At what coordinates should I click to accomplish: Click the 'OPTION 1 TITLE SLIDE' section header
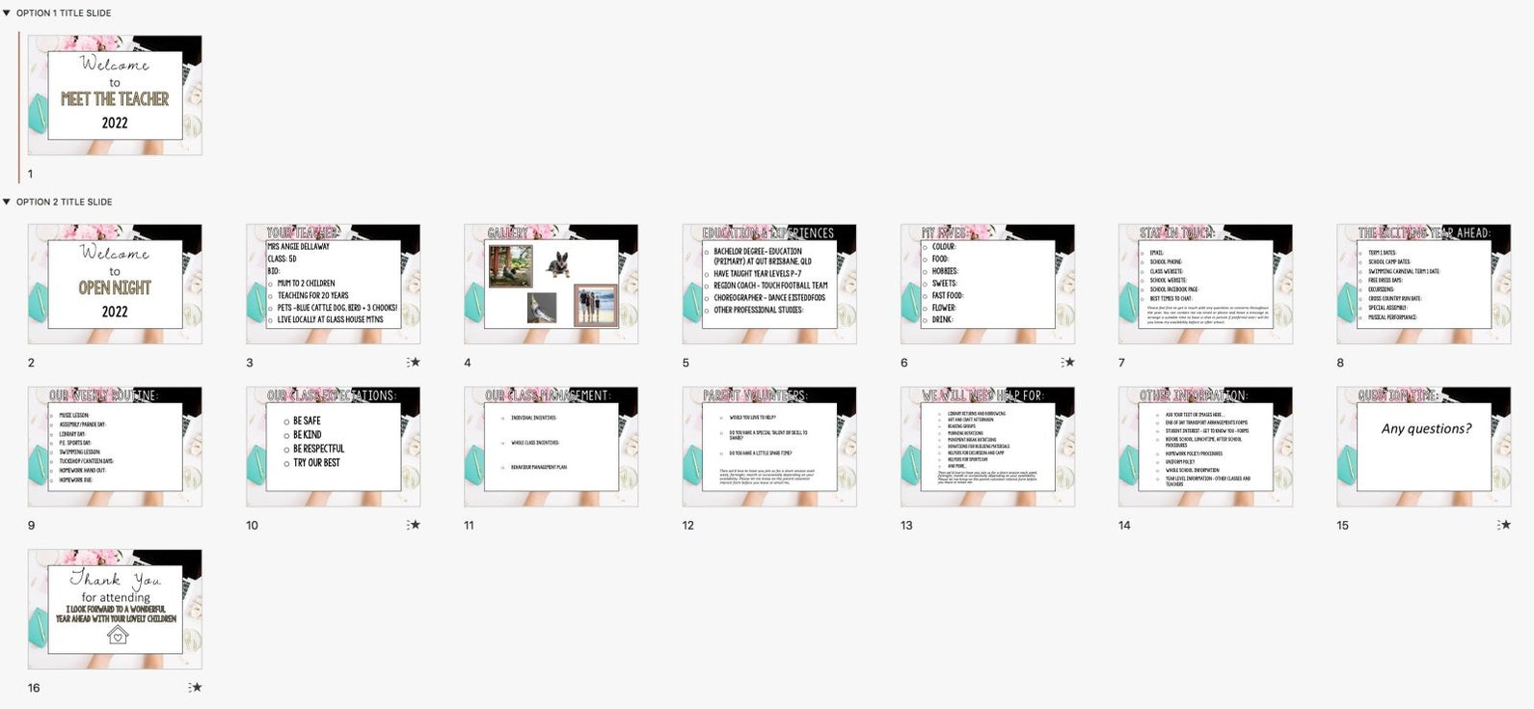pyautogui.click(x=64, y=14)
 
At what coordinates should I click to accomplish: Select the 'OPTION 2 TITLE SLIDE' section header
pyautogui.click(x=64, y=202)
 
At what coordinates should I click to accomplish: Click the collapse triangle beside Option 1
pyautogui.click(x=7, y=14)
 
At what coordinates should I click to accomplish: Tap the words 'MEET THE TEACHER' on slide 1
pyautogui.click(x=115, y=99)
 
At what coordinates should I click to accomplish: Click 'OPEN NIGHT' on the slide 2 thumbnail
pyautogui.click(x=115, y=287)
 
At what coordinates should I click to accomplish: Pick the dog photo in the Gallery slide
pyautogui.click(x=557, y=263)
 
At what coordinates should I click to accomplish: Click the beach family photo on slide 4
pyautogui.click(x=595, y=305)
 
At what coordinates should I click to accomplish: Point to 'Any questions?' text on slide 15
pyautogui.click(x=1426, y=428)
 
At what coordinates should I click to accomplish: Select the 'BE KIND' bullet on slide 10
pyautogui.click(x=307, y=435)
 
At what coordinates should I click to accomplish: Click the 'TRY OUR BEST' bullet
pyautogui.click(x=316, y=463)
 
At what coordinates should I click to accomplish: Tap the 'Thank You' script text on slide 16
pyautogui.click(x=116, y=580)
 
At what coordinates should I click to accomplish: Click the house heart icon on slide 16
pyautogui.click(x=117, y=635)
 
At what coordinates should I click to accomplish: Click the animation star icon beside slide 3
pyautogui.click(x=414, y=363)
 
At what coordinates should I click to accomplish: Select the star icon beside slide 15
pyautogui.click(x=1504, y=525)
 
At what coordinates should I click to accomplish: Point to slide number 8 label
pyautogui.click(x=1340, y=363)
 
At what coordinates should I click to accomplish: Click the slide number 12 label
pyautogui.click(x=687, y=526)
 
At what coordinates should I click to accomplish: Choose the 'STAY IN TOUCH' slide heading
pyautogui.click(x=1176, y=232)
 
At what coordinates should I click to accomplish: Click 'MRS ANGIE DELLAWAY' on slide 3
pyautogui.click(x=298, y=247)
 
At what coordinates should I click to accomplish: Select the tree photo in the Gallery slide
pyautogui.click(x=510, y=265)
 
